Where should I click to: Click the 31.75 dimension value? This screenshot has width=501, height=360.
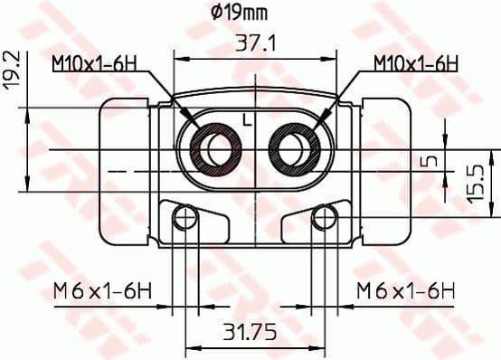(x=250, y=332)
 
